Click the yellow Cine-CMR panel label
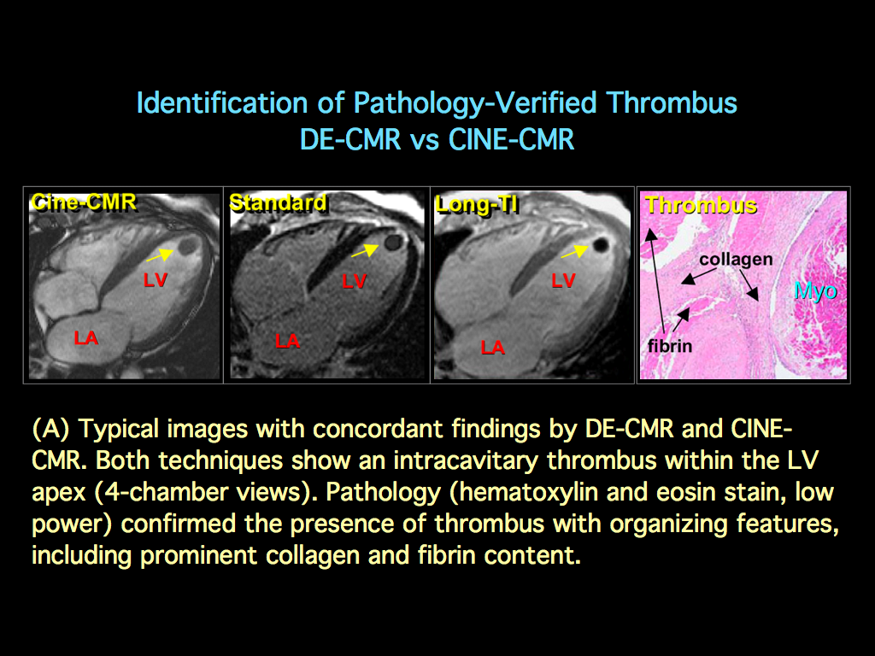coord(83,202)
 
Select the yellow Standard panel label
coord(278,202)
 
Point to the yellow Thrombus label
coord(701,205)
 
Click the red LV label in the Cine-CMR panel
coord(155,279)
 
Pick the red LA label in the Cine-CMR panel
coord(85,338)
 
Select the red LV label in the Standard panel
coord(354,280)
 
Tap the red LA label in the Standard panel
coord(287,342)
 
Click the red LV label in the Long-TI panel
coord(563,280)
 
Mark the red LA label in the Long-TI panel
coord(492,347)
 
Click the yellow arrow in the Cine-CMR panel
coord(157,254)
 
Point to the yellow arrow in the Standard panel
coord(365,250)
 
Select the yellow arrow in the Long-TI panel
coord(574,252)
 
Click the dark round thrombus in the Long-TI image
coord(601,244)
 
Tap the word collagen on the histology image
coord(736,259)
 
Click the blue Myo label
coord(815,290)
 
